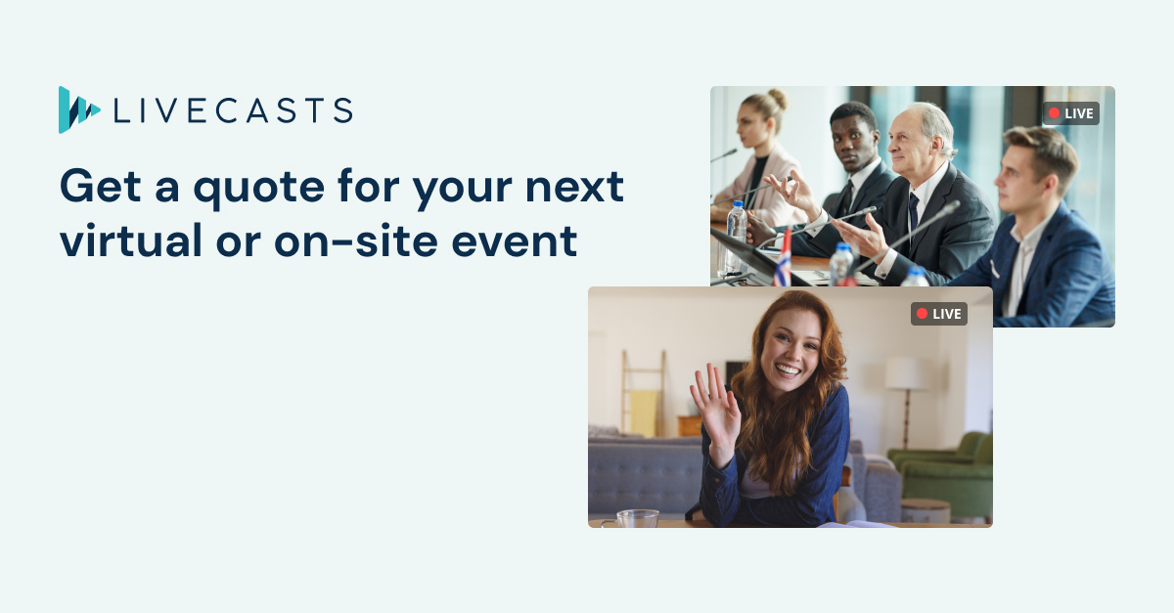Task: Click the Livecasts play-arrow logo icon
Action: pos(77,110)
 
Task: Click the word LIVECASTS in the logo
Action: pos(233,110)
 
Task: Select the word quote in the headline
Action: pos(259,188)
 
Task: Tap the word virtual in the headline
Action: pos(131,241)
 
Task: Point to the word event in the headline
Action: pos(515,241)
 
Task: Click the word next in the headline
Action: pos(574,188)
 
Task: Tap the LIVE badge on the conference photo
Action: pos(1070,113)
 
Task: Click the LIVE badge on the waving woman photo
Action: pos(938,314)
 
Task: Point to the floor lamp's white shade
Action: pos(906,373)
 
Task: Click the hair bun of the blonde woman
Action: pos(777,98)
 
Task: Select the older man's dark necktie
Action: pos(914,214)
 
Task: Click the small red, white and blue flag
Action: pos(783,259)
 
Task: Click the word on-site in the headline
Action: pos(355,241)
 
